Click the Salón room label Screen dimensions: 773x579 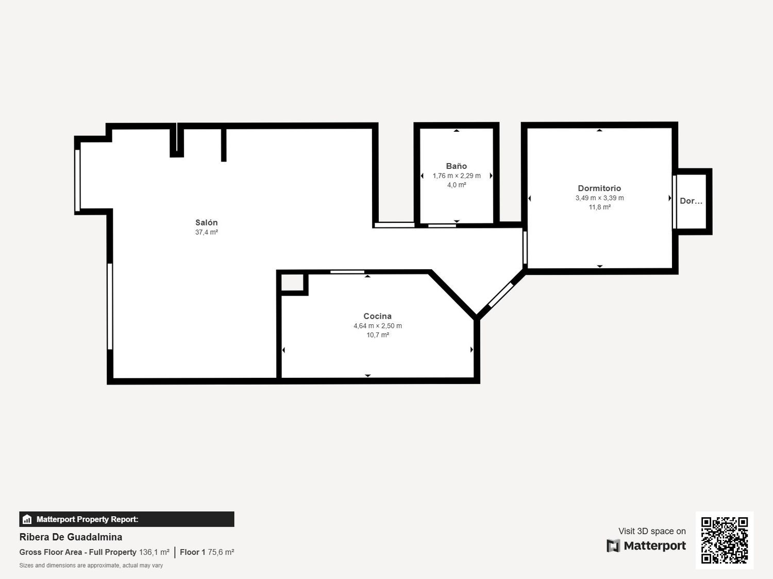point(206,222)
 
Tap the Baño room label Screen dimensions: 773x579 point(457,166)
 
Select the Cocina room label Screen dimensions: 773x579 point(378,316)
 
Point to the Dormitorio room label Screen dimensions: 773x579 point(599,188)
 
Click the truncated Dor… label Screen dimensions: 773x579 point(691,201)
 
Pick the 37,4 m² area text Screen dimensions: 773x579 point(207,232)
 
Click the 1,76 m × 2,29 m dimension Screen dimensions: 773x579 point(457,176)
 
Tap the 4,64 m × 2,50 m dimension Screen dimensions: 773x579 point(378,326)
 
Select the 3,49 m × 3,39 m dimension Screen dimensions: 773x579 point(600,198)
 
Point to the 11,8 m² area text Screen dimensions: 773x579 point(600,207)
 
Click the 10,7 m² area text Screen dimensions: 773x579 point(378,335)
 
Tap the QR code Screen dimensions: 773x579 point(725,540)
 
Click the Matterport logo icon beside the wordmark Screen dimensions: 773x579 point(613,546)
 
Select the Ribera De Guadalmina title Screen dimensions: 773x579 point(71,537)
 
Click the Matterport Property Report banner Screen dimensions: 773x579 point(127,519)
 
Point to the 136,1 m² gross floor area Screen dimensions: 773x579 point(154,552)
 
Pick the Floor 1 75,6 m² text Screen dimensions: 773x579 point(207,552)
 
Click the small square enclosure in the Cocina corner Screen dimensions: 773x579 point(292,283)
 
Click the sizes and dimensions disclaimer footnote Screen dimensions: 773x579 point(91,565)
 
